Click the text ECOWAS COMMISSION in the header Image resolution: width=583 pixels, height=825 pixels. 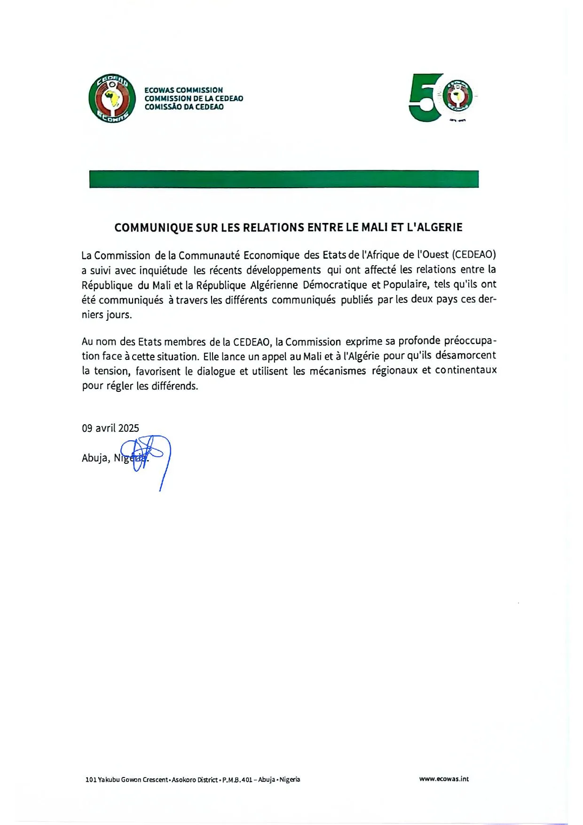point(184,90)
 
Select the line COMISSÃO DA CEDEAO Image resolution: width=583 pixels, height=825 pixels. point(184,107)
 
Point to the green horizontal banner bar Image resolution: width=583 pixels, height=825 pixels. point(284,179)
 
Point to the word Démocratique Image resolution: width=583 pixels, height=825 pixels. point(335,285)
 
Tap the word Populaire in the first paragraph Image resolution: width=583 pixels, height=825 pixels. point(406,285)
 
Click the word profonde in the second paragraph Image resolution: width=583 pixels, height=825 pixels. point(419,341)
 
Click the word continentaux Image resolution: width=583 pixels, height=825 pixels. point(465,370)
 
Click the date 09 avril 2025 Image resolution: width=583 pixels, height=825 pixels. point(110,428)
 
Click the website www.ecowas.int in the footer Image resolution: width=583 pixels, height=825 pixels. point(444,779)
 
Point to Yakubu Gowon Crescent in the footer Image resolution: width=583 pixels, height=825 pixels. point(133,780)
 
